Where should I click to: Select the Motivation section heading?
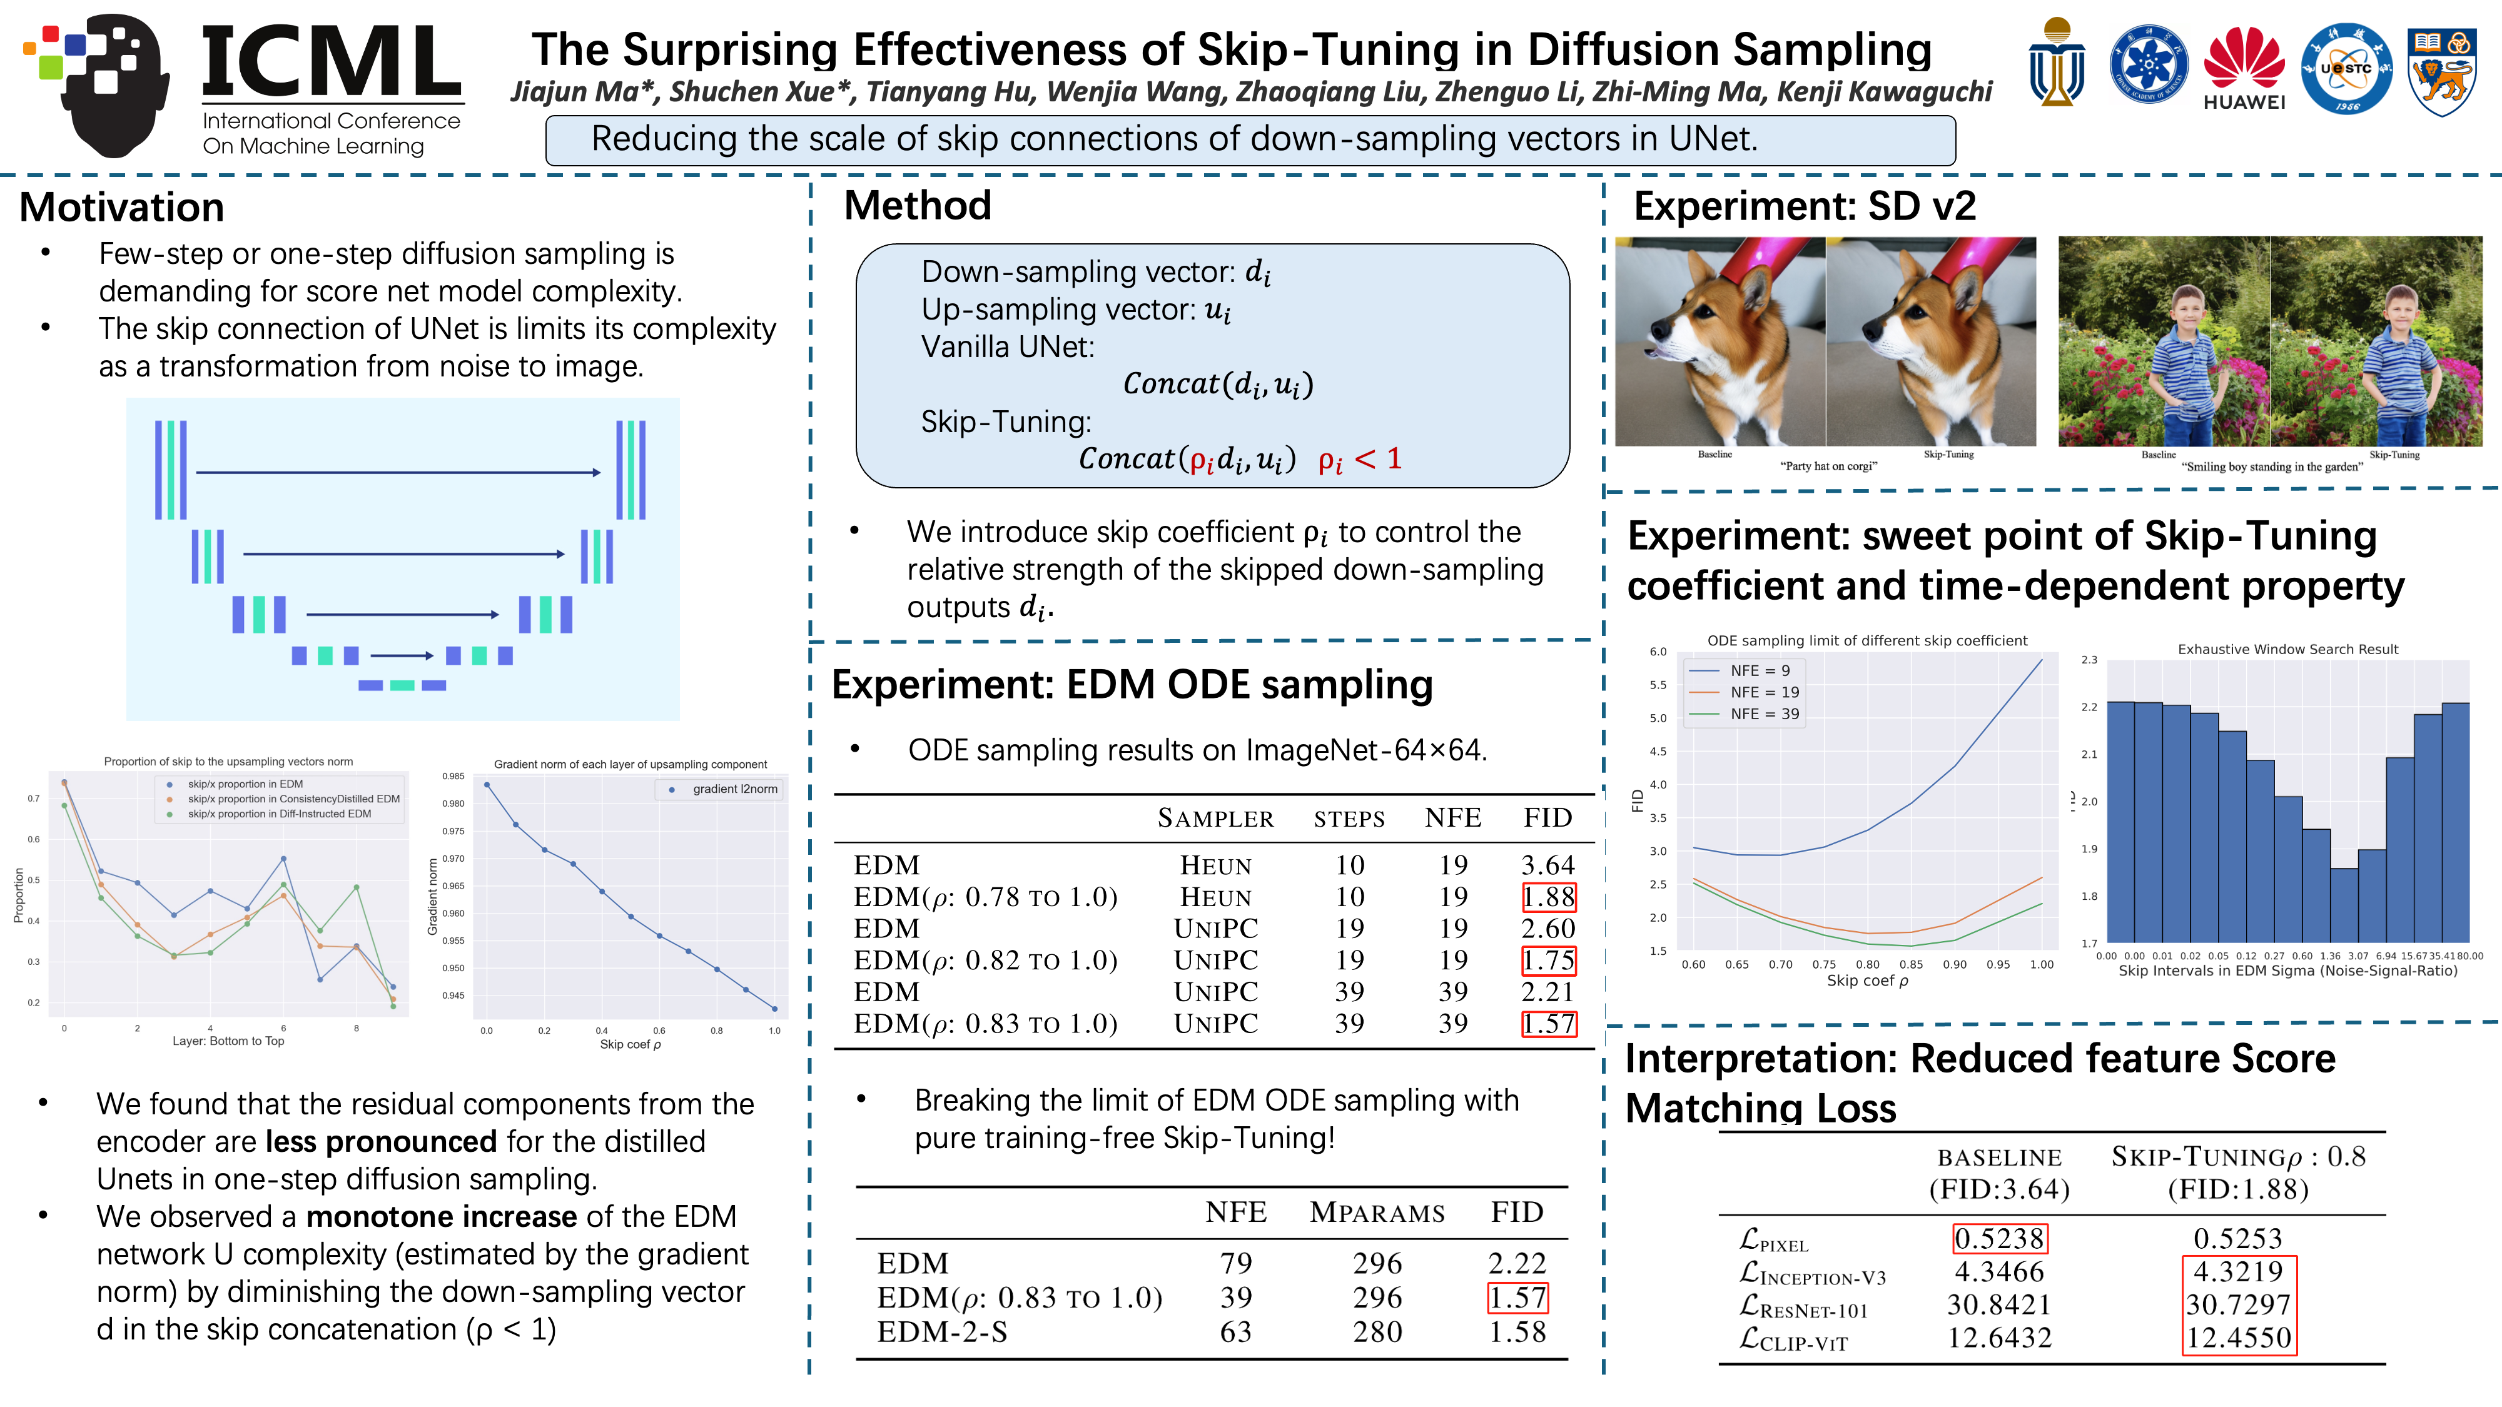click(121, 208)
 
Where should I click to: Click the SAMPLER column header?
click(1215, 819)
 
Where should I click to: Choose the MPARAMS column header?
click(1376, 1213)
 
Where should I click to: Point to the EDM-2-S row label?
click(941, 1331)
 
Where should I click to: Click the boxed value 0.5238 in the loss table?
click(2000, 1238)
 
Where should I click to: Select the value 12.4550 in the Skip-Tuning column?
click(2239, 1338)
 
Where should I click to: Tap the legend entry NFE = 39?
click(1764, 714)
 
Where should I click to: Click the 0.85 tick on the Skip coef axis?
click(1910, 964)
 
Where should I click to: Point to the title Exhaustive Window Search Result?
click(2287, 650)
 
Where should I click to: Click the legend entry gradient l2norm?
click(734, 789)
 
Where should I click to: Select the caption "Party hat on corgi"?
click(1828, 466)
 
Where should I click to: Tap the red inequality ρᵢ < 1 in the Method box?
click(1359, 459)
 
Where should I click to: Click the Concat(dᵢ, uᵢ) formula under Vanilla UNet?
click(1218, 385)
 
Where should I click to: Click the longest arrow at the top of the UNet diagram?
click(398, 473)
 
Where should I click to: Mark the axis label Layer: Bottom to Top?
click(228, 1041)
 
